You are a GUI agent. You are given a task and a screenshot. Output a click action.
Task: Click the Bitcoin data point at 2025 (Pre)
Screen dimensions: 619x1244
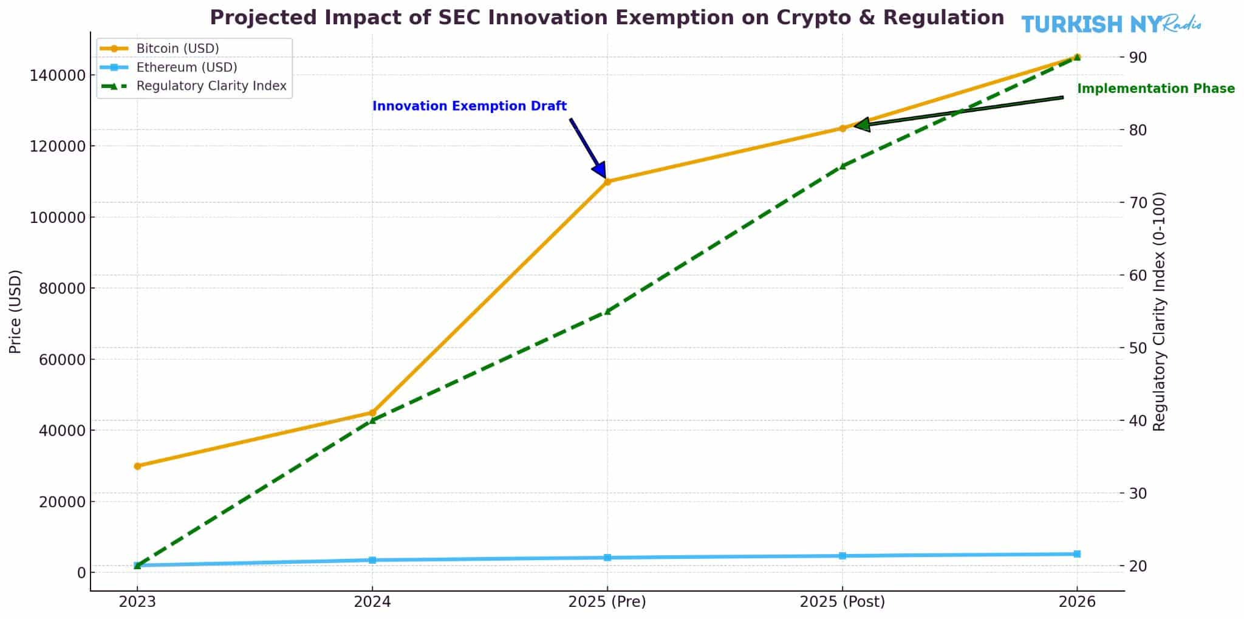click(607, 181)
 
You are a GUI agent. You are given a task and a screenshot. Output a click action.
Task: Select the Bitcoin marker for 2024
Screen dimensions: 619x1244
click(372, 412)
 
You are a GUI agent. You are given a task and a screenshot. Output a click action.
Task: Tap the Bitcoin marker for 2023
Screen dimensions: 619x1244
click(137, 466)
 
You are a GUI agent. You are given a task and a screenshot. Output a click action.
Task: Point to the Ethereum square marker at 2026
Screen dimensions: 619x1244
click(1077, 554)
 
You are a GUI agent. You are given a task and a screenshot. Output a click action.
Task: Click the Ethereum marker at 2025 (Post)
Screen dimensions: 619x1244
click(842, 556)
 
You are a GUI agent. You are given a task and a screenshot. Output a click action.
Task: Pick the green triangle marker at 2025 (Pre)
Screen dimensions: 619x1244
click(607, 311)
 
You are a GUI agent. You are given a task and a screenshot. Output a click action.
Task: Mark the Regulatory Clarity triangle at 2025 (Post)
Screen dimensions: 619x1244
click(842, 165)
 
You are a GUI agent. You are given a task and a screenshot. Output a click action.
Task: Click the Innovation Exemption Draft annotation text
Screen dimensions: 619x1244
click(469, 106)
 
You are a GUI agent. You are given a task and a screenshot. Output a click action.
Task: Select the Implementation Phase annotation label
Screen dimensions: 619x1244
click(1155, 89)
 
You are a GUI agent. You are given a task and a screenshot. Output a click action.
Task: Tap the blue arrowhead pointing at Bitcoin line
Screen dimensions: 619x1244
click(599, 169)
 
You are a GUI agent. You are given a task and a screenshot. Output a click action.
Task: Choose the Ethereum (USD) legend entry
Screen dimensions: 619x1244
click(186, 67)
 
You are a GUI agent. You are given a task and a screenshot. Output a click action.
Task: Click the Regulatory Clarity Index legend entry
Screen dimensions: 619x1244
click(211, 86)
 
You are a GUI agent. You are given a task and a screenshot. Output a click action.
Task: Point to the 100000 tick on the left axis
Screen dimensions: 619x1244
click(57, 217)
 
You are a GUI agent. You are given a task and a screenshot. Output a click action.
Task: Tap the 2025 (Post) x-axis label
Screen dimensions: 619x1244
click(842, 602)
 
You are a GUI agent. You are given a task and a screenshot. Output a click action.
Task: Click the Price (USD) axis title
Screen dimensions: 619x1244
click(16, 311)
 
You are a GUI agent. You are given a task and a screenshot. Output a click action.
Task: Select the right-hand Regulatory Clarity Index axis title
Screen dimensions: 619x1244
click(1159, 311)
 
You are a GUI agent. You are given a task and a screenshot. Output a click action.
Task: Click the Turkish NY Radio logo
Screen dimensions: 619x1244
click(1110, 24)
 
